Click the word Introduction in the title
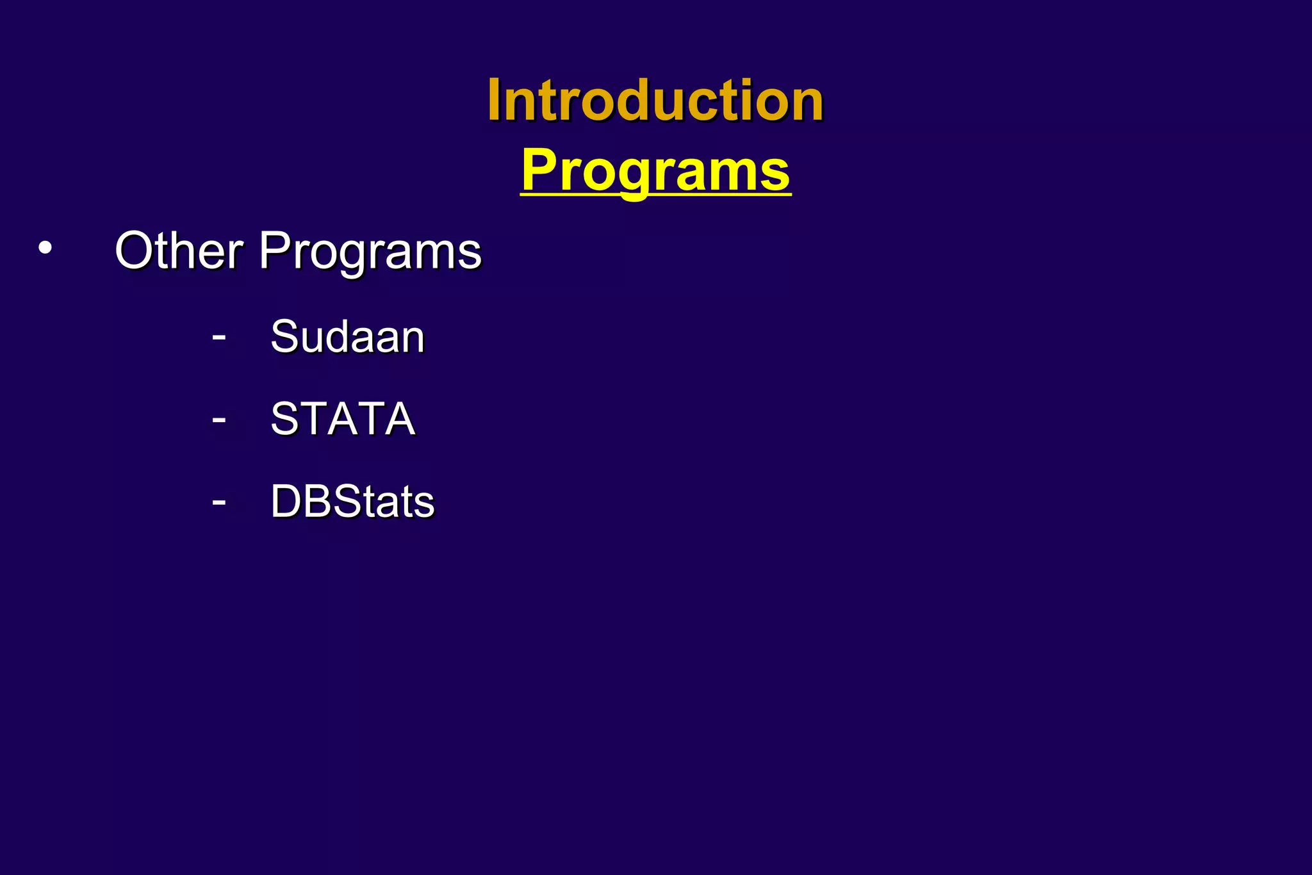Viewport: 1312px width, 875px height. (x=655, y=101)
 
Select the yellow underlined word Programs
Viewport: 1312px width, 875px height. (x=655, y=170)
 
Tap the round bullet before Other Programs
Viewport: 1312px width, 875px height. (x=44, y=249)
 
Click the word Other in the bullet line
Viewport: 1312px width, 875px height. (x=179, y=250)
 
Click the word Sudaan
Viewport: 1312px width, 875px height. (x=347, y=336)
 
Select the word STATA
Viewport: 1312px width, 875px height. (x=343, y=419)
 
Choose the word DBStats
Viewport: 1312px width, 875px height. (x=352, y=501)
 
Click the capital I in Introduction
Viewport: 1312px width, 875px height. (x=494, y=101)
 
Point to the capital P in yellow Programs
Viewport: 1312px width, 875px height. (x=539, y=170)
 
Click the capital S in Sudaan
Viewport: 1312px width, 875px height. (x=285, y=336)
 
